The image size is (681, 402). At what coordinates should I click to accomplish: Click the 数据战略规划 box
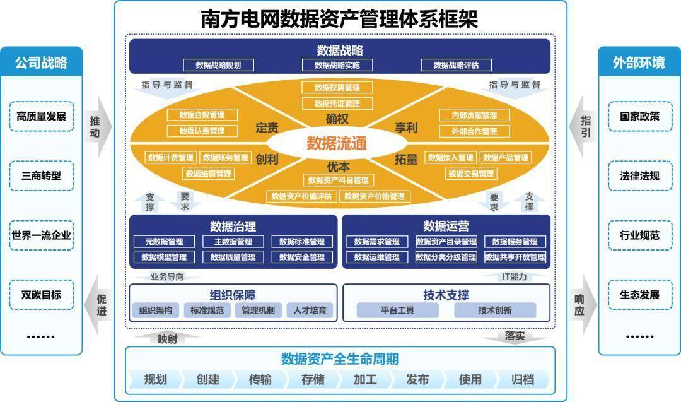coord(218,65)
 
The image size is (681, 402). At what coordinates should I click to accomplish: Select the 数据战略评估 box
coord(456,65)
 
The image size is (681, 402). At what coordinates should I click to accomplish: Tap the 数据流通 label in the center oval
coord(337,143)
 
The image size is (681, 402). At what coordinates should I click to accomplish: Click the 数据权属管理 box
coord(337,87)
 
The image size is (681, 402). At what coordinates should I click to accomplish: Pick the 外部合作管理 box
coord(474,131)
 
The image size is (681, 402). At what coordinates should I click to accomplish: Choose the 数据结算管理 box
coord(209,174)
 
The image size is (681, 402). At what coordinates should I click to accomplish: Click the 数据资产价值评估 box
coord(301,196)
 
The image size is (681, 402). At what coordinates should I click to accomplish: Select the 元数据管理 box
coord(164,242)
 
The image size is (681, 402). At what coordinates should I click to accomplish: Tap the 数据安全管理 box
coord(302,257)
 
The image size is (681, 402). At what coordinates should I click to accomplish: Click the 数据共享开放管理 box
coord(515,257)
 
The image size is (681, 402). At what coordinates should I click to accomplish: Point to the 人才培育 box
coord(310,310)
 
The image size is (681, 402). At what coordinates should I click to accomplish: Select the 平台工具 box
coord(397,310)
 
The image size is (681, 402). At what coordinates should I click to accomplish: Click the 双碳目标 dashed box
coord(42,295)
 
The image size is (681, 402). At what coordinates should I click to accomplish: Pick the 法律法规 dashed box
coord(640,176)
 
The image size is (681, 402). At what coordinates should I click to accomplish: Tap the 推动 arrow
coord(100,127)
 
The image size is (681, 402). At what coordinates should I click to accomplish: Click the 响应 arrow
coord(584,305)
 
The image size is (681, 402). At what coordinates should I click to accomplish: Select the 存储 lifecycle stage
coord(313,379)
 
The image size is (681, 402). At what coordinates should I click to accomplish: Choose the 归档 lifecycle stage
coord(523,379)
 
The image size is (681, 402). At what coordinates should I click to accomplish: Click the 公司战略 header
coord(42,62)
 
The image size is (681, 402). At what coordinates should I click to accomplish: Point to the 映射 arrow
coord(167,338)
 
